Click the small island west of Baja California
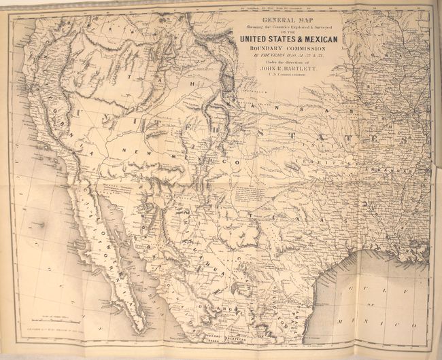42,224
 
